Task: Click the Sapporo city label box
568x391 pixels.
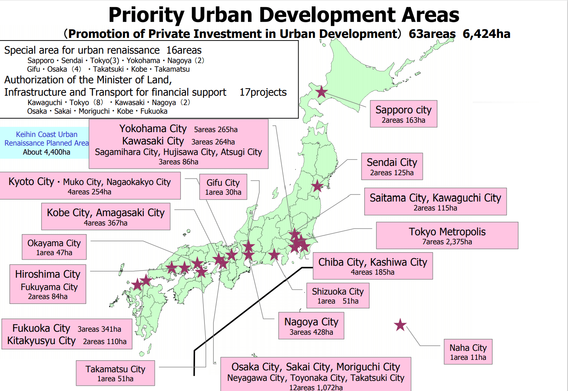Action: tap(403, 114)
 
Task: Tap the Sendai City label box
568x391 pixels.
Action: tap(392, 166)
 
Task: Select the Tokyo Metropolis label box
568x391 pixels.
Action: tap(447, 235)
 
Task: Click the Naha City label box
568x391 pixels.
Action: tap(468, 352)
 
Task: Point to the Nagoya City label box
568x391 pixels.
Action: tap(311, 326)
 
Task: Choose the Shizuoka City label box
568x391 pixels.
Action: tap(338, 295)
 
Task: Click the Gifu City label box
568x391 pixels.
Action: tap(223, 186)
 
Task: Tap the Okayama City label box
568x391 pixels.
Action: tap(54, 247)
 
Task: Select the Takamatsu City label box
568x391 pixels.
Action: tap(115, 373)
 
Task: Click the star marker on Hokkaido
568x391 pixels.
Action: tap(321, 92)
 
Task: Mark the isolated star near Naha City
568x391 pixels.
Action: tap(400, 325)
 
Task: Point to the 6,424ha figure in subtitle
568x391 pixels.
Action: tap(486, 34)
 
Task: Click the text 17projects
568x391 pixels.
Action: tap(263, 92)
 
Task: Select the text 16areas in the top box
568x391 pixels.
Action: tap(184, 50)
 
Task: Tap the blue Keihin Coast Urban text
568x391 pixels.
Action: tap(47, 134)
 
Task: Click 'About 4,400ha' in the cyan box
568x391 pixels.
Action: tap(47, 152)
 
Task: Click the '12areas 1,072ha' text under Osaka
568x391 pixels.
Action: tap(316, 387)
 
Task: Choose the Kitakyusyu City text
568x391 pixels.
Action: tap(41, 341)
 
